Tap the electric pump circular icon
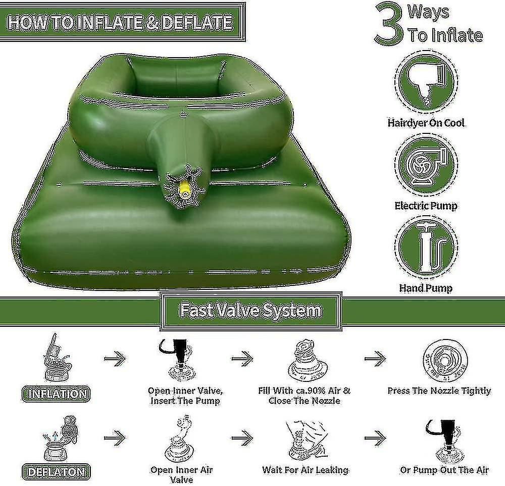(x=426, y=165)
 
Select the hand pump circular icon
(x=426, y=248)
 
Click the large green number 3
(x=388, y=23)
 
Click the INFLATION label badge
(x=56, y=394)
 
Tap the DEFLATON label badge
(x=56, y=472)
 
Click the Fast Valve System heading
(x=251, y=311)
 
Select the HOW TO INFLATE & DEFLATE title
(x=120, y=23)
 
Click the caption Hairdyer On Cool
(x=426, y=123)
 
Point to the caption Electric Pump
(x=426, y=206)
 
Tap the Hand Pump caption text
(x=426, y=288)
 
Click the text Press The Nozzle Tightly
(x=439, y=391)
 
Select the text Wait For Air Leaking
(x=306, y=470)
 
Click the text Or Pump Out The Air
(x=444, y=470)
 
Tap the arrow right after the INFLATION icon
(x=115, y=358)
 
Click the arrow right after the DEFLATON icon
(x=115, y=438)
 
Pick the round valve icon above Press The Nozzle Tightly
(x=445, y=361)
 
